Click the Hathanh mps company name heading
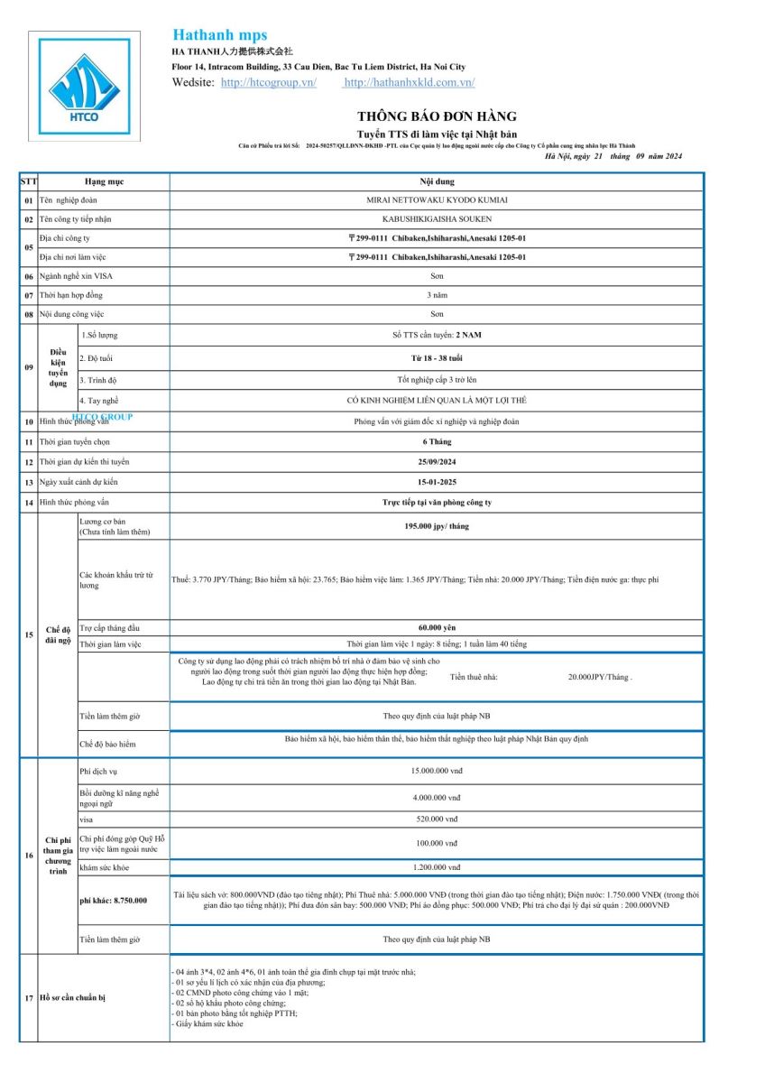[x=219, y=35]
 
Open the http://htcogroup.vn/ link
[x=269, y=82]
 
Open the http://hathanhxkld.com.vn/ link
[x=410, y=82]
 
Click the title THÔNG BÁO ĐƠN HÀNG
[x=437, y=116]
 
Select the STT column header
[x=29, y=181]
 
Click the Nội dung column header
[x=437, y=181]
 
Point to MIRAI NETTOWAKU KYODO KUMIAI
[x=437, y=200]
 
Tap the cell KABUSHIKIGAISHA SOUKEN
[x=437, y=219]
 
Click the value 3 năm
[x=437, y=295]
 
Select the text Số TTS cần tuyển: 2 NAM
[x=437, y=335]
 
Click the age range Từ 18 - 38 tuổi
[x=437, y=358]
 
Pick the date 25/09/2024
[x=437, y=462]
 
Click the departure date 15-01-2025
[x=437, y=482]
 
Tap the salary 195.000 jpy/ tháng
[x=437, y=525]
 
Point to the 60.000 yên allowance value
[x=437, y=627]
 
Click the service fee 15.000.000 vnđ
[x=437, y=772]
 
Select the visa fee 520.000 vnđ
[x=437, y=819]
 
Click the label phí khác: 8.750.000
[x=114, y=900]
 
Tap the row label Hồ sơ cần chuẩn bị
[x=71, y=997]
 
